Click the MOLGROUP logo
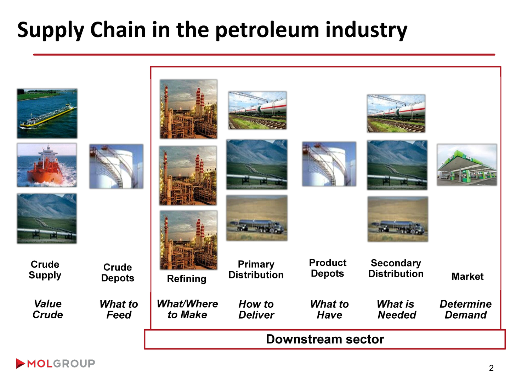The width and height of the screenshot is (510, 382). [x=55, y=363]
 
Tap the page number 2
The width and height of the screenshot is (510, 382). [x=491, y=368]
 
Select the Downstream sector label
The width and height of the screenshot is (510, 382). [x=325, y=339]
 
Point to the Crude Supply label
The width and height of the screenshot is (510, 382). [x=45, y=270]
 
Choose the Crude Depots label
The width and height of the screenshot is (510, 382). [x=118, y=272]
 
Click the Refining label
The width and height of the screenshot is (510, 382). [x=187, y=279]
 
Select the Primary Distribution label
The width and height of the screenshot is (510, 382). [x=256, y=270]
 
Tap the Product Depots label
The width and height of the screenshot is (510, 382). [x=328, y=268]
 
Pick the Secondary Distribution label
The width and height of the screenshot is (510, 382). [x=396, y=268]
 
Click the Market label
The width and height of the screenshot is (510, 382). [x=467, y=277]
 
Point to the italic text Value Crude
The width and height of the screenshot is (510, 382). [x=47, y=309]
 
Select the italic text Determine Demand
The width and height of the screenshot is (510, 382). [x=466, y=309]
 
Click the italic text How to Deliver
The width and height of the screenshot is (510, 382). [x=256, y=309]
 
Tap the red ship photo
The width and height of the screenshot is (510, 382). [x=47, y=165]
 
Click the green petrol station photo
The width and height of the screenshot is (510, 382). [x=467, y=165]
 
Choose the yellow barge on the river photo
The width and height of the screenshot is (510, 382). [x=47, y=114]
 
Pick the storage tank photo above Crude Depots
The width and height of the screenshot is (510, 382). [x=117, y=166]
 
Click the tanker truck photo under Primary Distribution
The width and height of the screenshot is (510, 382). [x=257, y=218]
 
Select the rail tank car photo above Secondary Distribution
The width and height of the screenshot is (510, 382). [x=396, y=114]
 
